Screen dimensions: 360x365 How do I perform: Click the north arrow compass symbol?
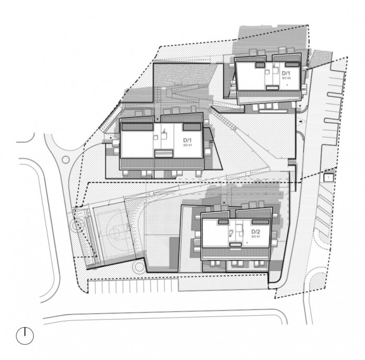[25, 336]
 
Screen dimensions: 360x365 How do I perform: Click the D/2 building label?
[256, 231]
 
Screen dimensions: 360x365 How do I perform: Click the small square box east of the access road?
[328, 178]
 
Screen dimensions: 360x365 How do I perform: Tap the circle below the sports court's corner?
[138, 267]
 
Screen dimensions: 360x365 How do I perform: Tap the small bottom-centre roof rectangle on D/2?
[237, 243]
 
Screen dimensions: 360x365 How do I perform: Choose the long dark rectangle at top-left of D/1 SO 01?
[137, 126]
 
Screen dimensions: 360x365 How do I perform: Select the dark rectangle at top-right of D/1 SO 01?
[192, 127]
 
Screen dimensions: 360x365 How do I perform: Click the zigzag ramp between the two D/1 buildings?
[185, 96]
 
